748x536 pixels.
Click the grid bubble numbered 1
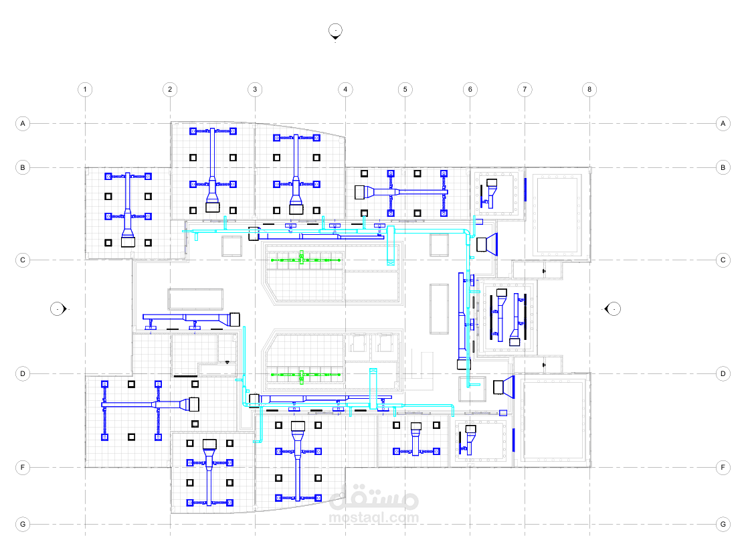point(85,89)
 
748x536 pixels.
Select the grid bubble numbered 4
point(345,89)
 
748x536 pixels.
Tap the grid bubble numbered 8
point(589,89)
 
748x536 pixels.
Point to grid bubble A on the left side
point(23,124)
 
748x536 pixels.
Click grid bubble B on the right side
point(723,167)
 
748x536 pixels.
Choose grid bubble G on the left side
point(23,524)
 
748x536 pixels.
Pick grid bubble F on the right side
point(723,467)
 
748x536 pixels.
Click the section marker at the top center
point(335,31)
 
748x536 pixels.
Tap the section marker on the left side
point(59,309)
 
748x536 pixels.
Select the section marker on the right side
point(613,309)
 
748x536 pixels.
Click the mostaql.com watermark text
point(373,517)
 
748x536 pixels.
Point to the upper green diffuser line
point(306,260)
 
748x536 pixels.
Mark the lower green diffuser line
point(306,375)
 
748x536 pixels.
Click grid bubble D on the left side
point(23,373)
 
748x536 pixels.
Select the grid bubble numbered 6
point(470,89)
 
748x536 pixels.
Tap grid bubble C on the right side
point(723,260)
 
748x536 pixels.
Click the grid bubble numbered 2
point(170,89)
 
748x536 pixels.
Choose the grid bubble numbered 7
point(525,89)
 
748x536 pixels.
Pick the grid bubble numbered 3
point(255,89)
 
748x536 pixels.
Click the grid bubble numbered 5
point(405,89)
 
